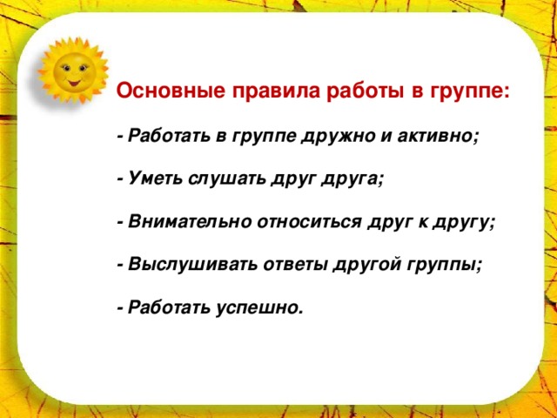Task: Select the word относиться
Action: click(310, 223)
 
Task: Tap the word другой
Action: click(368, 266)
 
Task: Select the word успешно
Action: click(259, 308)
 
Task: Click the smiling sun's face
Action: click(74, 71)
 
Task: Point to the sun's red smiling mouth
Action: click(74, 84)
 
